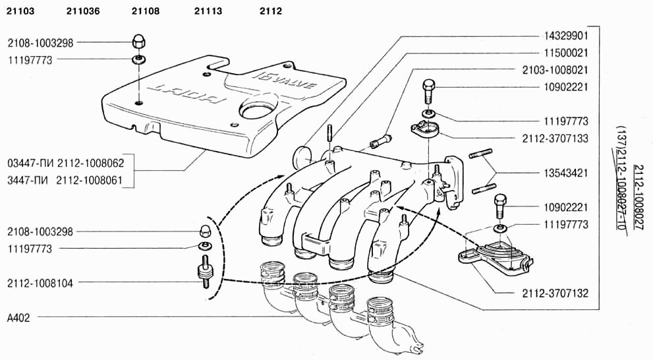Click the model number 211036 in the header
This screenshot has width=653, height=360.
pyautogui.click(x=83, y=11)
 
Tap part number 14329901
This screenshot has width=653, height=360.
pyautogui.click(x=566, y=35)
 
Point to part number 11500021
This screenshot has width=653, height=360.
pyautogui.click(x=566, y=52)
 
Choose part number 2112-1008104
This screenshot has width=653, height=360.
pyautogui.click(x=41, y=283)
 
